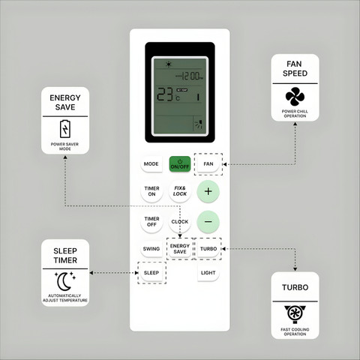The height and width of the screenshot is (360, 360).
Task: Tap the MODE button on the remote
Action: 151,164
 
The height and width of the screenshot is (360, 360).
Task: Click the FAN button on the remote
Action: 208,164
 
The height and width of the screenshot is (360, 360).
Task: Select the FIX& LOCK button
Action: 180,191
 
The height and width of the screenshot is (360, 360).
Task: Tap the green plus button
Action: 208,191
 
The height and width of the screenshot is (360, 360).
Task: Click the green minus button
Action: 208,222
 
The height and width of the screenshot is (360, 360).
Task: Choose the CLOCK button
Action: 180,222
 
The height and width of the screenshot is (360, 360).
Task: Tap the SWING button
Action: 151,249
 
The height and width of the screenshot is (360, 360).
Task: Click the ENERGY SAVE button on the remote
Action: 180,249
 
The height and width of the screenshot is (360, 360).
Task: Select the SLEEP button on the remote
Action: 151,273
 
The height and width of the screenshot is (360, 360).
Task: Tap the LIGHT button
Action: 208,273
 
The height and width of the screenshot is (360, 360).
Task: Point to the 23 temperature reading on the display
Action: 165,95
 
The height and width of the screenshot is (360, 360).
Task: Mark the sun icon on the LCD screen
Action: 169,64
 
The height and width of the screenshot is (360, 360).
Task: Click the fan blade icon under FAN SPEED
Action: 295,97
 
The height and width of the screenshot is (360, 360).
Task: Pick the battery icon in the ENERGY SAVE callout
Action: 65,129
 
